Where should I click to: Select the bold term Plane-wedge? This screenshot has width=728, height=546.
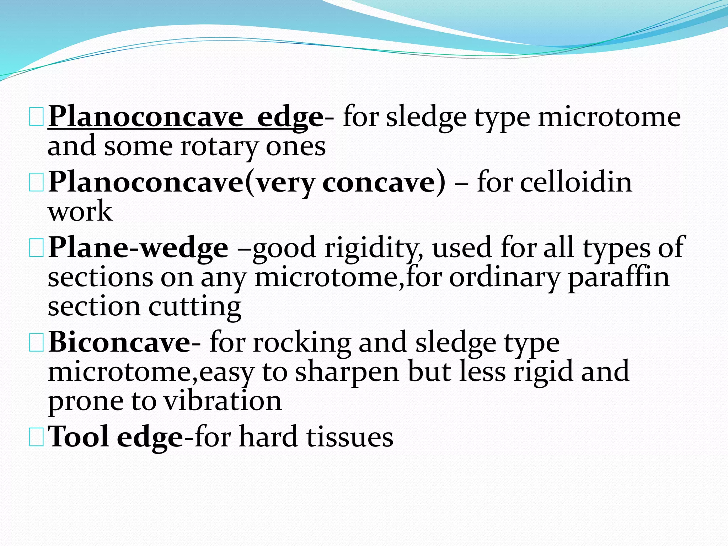[138, 248]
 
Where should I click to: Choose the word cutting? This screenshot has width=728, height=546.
[194, 307]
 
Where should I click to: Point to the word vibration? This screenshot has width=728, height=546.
[223, 401]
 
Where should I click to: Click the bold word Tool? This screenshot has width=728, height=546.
[78, 437]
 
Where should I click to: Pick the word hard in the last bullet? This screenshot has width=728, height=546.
[268, 437]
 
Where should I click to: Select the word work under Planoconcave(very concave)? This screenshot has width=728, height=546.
[80, 212]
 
